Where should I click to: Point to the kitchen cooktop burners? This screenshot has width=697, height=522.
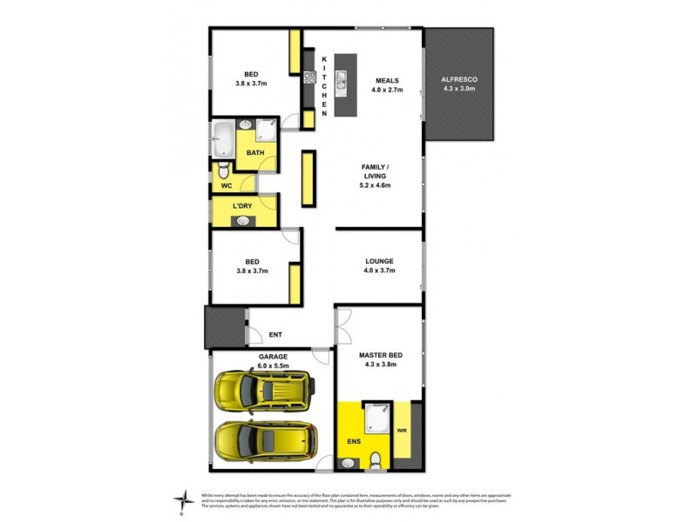point(309,77)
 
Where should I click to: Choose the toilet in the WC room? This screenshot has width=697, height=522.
point(223,169)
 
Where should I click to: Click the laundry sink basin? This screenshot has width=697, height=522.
point(243,221)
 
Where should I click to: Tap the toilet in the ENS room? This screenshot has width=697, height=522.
point(376,462)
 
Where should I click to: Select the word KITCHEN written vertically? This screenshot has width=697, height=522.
point(324,85)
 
